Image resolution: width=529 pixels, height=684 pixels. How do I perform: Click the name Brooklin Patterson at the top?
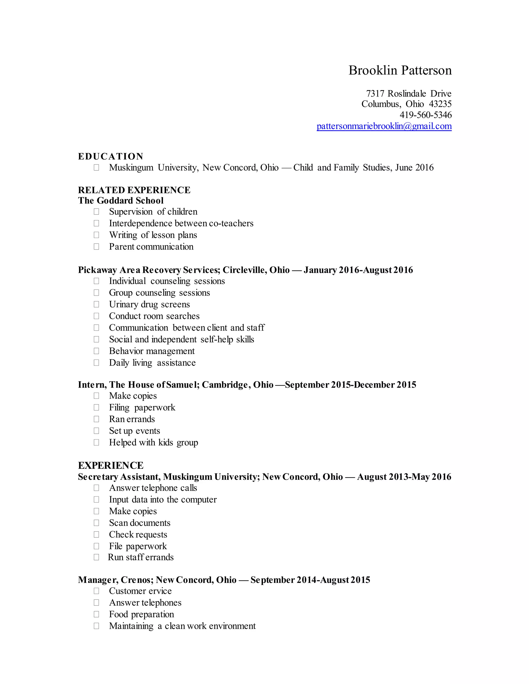coord(400,70)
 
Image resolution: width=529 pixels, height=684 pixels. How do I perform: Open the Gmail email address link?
coord(384,126)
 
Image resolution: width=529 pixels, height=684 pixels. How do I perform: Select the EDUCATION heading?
coord(111,156)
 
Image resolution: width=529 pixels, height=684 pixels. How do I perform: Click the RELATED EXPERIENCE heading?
coord(134,190)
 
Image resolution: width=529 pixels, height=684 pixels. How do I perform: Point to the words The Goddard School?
coord(121,201)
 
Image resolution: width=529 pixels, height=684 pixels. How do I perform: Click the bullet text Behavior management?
coord(152,351)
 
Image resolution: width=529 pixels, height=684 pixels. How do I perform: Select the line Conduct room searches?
coord(154,316)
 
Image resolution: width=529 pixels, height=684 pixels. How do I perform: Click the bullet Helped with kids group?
coord(154,442)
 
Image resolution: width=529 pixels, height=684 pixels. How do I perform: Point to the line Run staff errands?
coord(141,557)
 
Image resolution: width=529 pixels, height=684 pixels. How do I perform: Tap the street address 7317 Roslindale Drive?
coord(409,93)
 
